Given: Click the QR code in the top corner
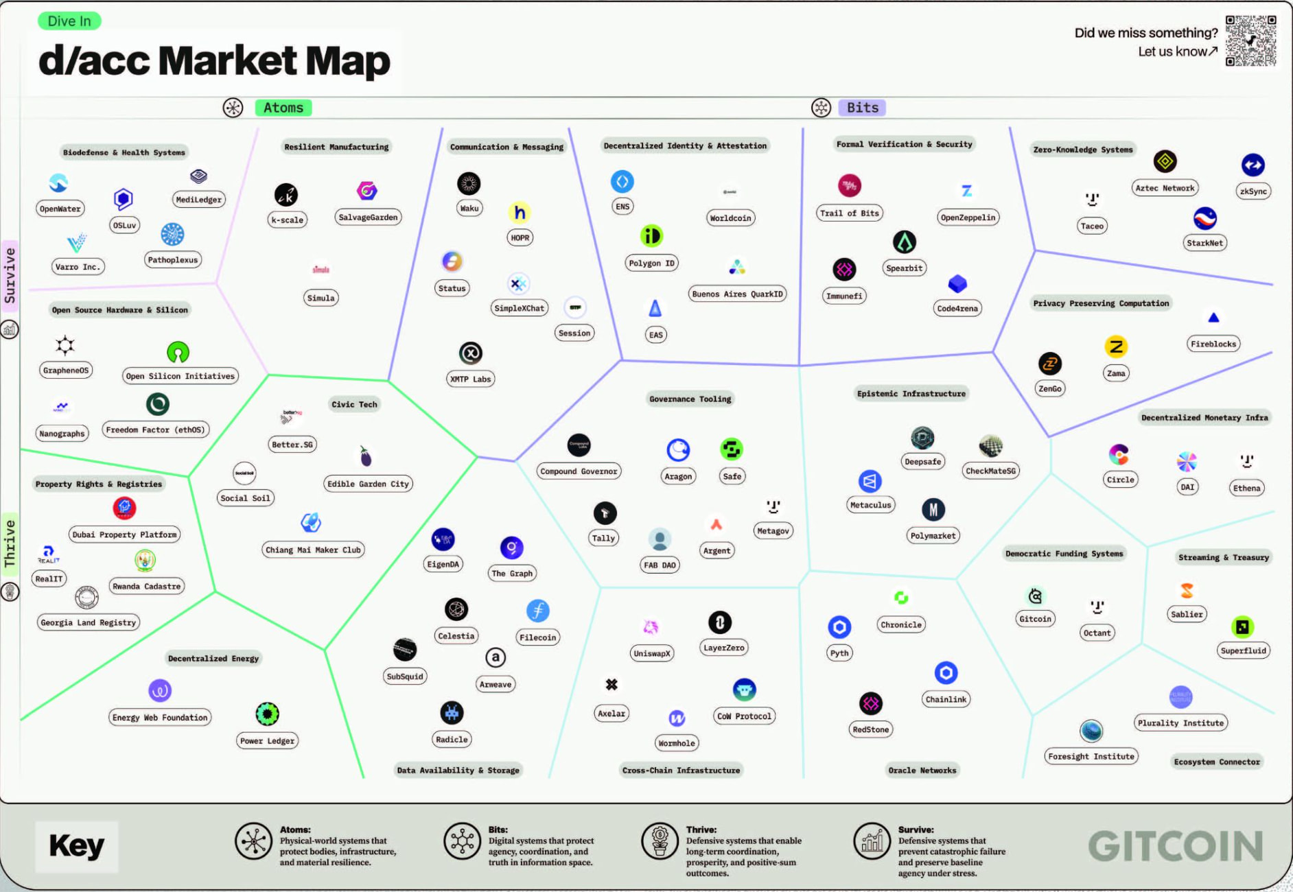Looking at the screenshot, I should click(1250, 41).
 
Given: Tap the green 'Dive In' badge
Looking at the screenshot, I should click(69, 21).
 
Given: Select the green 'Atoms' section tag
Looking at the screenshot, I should click(283, 108).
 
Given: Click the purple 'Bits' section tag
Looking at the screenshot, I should click(862, 108).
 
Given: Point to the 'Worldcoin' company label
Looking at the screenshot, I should click(730, 218).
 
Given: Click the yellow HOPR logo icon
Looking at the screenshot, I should click(520, 213).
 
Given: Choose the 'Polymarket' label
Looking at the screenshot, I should click(933, 536).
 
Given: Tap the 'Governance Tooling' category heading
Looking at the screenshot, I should click(690, 399).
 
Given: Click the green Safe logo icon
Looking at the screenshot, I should click(732, 449).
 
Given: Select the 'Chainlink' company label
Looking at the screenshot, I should click(946, 699).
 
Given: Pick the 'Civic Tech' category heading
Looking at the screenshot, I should click(354, 404).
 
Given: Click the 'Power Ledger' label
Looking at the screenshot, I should click(267, 741).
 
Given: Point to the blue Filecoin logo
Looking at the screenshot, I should click(537, 611).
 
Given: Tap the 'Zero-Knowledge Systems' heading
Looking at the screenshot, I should click(1082, 150).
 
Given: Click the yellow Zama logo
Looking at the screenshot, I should click(1116, 347).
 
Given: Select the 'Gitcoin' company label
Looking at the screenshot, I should click(1035, 619).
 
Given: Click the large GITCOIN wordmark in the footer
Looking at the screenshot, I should click(1175, 846).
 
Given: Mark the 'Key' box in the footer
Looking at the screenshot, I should click(76, 846).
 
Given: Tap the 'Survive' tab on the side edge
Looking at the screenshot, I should click(10, 275).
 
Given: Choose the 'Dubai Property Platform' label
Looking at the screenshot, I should click(124, 535).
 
